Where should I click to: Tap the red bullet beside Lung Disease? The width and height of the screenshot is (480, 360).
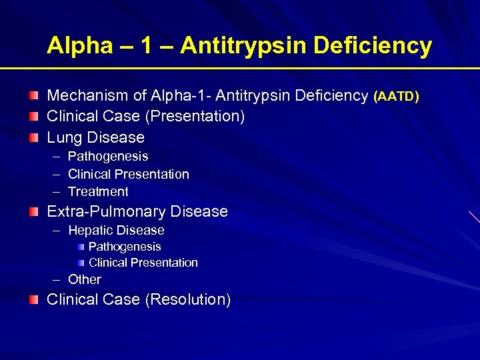point(33,137)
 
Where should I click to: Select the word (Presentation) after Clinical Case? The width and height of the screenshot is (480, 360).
point(195,116)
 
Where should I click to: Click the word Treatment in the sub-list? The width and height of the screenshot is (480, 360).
point(98,191)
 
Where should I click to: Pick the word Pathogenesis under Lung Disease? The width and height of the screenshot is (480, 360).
point(108,156)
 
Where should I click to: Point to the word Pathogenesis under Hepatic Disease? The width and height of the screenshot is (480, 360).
point(125,247)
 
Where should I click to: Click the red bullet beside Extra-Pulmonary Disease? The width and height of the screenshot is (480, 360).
point(33,211)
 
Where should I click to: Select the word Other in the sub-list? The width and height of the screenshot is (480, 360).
point(85,279)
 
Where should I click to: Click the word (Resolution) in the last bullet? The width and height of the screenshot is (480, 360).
point(187,299)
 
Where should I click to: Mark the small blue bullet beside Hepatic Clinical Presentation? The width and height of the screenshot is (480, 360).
point(81,263)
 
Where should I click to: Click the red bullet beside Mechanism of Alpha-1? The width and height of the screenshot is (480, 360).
point(33,96)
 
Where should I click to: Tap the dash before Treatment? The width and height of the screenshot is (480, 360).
point(55,191)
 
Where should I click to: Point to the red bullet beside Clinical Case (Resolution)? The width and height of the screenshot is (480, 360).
point(33,299)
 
